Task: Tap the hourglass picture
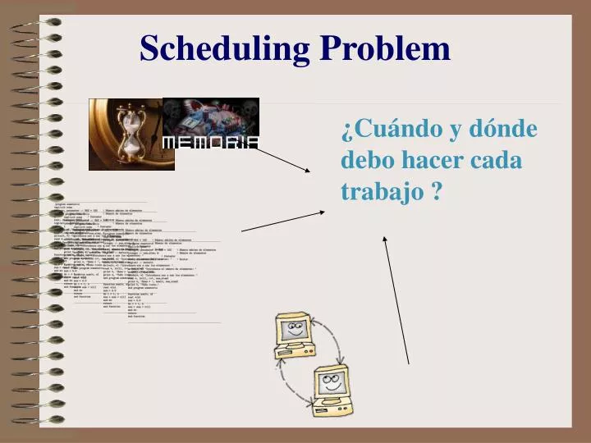[128, 134]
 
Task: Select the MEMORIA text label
[211, 142]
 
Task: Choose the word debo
[366, 160]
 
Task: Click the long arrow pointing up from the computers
[396, 299]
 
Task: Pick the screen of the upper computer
[292, 330]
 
